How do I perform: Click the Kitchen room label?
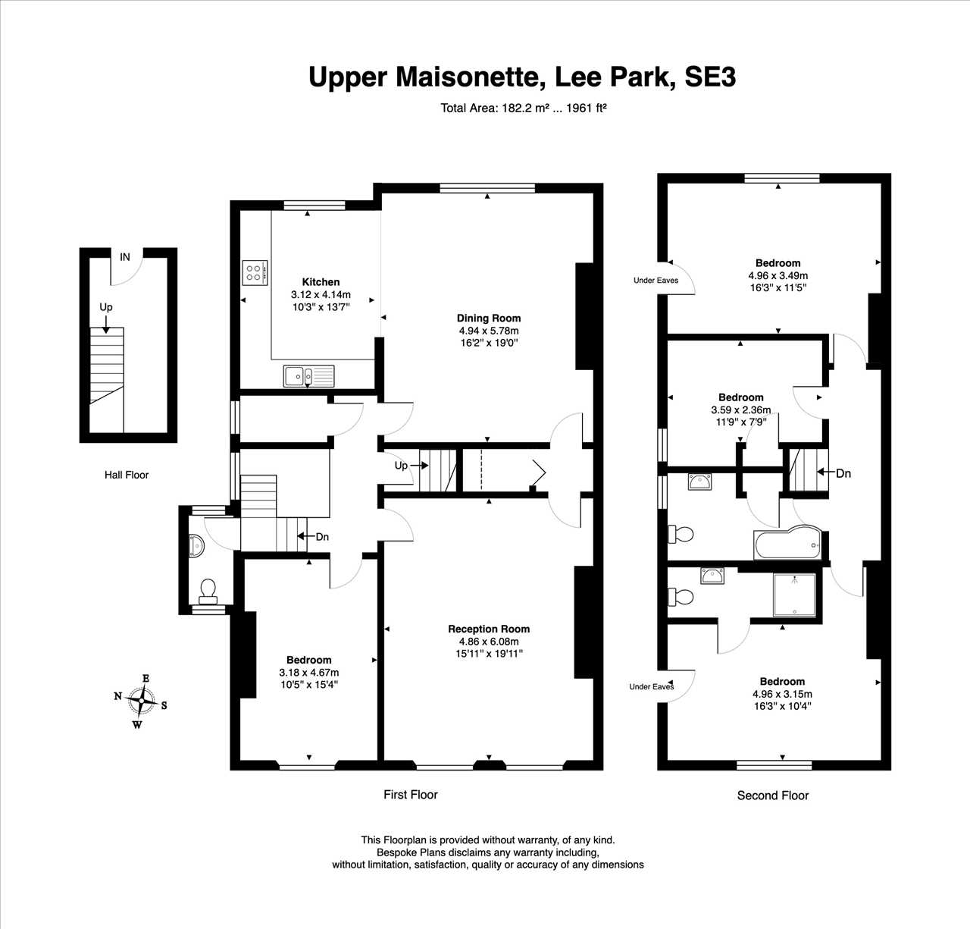click(321, 282)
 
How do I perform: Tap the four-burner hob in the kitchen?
click(255, 273)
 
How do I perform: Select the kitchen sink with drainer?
click(309, 375)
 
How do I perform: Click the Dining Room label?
click(489, 319)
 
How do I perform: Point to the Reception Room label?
click(489, 629)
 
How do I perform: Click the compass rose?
click(141, 701)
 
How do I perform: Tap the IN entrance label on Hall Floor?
click(124, 257)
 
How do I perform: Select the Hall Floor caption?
click(127, 475)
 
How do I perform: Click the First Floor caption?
click(410, 795)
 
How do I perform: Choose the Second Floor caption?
click(773, 796)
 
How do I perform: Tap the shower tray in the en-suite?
click(794, 595)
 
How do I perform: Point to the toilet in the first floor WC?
click(207, 592)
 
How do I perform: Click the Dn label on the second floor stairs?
click(843, 473)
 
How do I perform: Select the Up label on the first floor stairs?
click(401, 466)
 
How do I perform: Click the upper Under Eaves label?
click(656, 281)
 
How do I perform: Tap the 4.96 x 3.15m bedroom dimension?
click(782, 694)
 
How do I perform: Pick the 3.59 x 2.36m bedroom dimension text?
click(740, 410)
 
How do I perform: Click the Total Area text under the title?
click(524, 108)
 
